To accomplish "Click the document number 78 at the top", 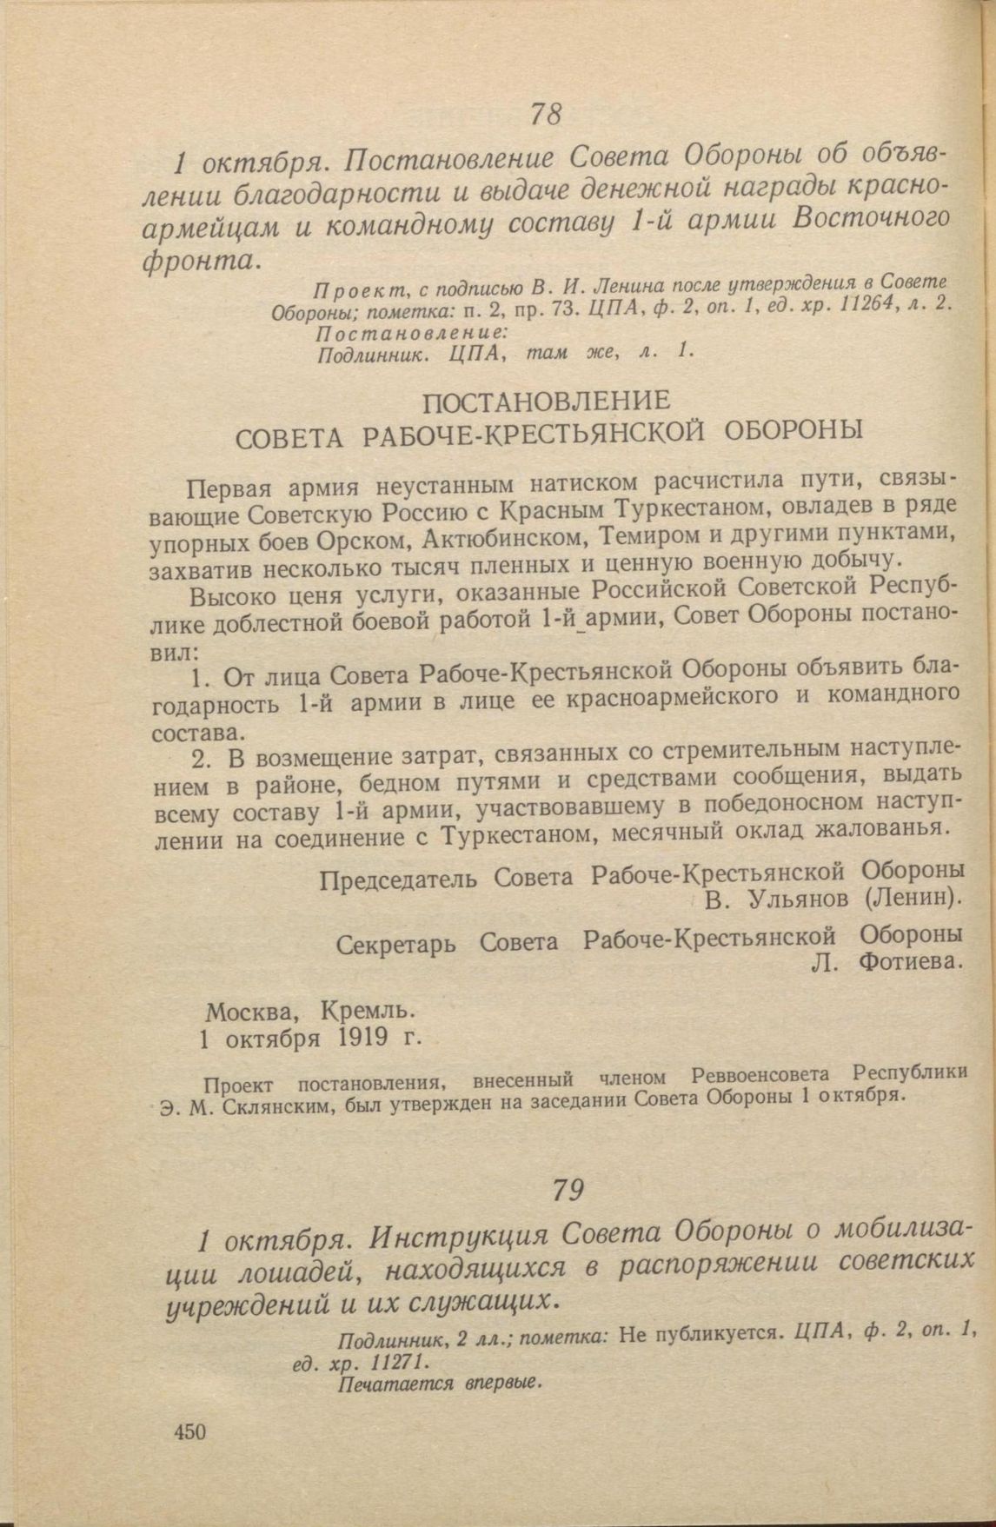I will coord(547,115).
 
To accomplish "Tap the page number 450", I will coord(189,1431).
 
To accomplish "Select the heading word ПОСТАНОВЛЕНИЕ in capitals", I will coord(546,402).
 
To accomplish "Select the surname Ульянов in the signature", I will coord(794,898).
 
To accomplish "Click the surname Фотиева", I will coord(909,962).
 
